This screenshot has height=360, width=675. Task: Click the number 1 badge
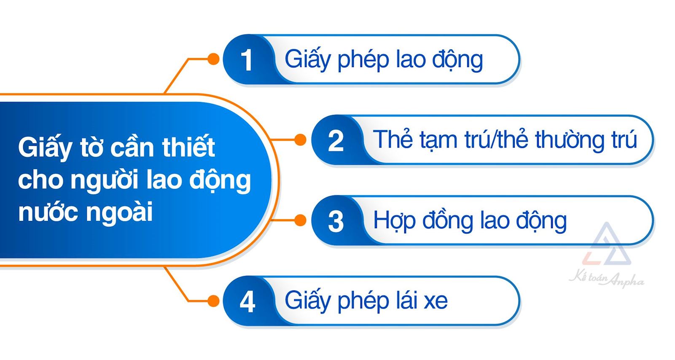click(247, 60)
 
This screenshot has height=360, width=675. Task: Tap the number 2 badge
click(336, 140)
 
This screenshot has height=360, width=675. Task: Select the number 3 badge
click(336, 221)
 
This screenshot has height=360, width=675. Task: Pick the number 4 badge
click(247, 301)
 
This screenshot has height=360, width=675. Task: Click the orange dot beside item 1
click(214, 59)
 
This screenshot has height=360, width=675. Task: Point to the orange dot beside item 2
click(300, 140)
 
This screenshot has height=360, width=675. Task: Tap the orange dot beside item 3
click(300, 220)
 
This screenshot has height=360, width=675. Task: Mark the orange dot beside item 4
click(214, 301)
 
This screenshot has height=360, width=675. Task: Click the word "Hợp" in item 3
click(394, 221)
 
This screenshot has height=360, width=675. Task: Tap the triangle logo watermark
click(607, 246)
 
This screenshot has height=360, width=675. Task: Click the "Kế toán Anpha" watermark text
click(606, 279)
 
